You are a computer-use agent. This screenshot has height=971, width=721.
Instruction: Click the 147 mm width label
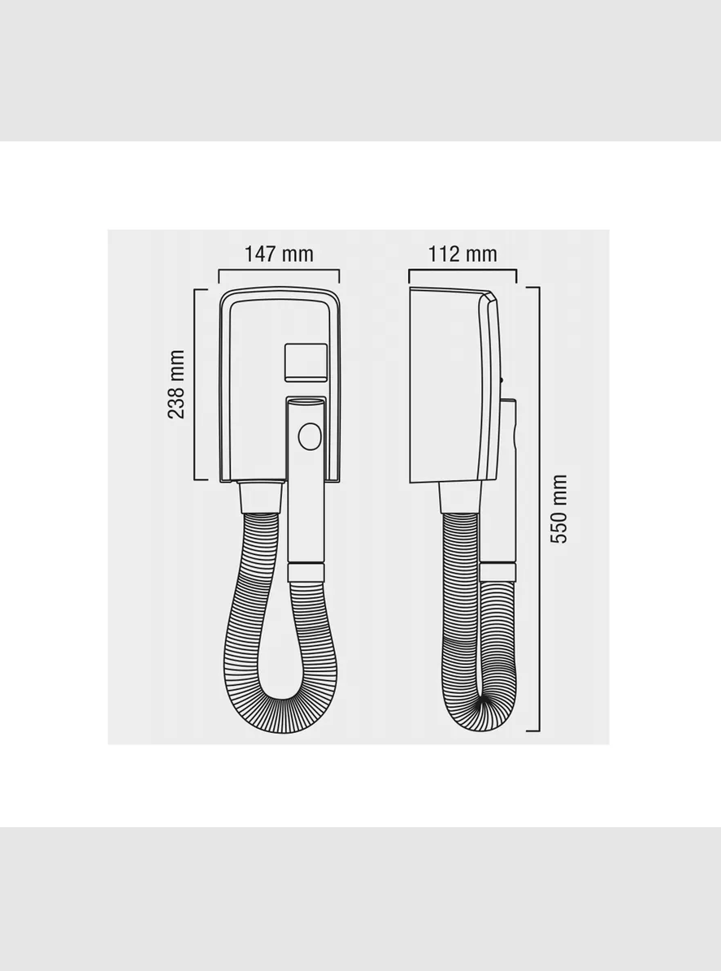(279, 254)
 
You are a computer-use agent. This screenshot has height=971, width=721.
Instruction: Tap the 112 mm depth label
(463, 254)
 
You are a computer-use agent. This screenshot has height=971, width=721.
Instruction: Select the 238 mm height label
(176, 384)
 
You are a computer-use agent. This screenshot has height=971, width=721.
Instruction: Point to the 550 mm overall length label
(558, 509)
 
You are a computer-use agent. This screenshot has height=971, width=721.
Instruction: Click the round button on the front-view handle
(310, 436)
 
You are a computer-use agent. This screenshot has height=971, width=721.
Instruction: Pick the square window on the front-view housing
(306, 362)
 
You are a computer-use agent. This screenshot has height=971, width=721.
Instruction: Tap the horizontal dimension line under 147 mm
(279, 270)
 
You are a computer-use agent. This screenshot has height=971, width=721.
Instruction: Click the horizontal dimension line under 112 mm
(463, 270)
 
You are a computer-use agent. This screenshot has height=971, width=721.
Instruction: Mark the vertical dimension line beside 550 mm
(539, 509)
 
